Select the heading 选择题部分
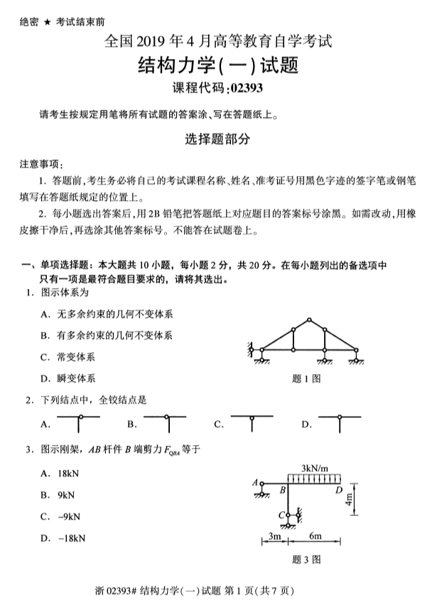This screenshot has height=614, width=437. (x=218, y=140)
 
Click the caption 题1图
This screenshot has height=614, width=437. (x=306, y=378)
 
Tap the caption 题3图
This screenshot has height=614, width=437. (x=306, y=559)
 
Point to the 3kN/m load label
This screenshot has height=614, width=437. (x=314, y=468)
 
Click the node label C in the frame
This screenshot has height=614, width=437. (x=280, y=515)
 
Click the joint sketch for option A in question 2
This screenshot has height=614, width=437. (x=79, y=423)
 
